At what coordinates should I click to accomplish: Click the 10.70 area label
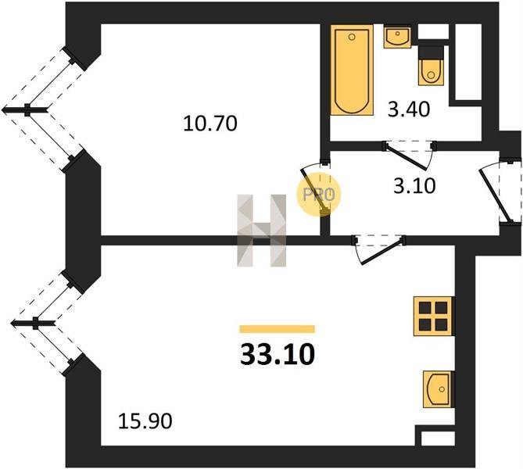pos(210,123)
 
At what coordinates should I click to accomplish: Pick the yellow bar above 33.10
pos(277,329)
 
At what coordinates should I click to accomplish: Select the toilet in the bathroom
pos(431,67)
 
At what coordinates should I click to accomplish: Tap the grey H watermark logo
pos(262,231)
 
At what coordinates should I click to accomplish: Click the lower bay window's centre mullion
pos(36,321)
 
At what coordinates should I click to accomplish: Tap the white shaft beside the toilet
pos(467,62)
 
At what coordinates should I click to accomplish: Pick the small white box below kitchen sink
pos(436,436)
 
